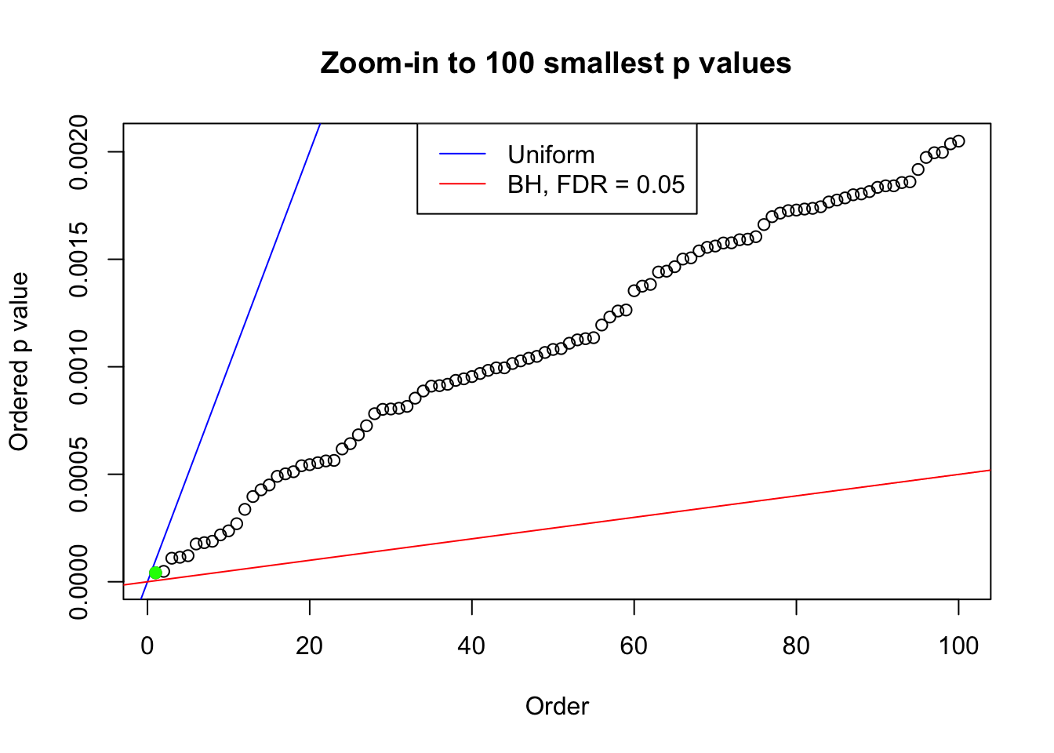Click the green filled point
(x=155, y=573)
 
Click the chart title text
(x=556, y=63)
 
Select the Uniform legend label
(x=551, y=155)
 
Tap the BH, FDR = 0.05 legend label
(x=596, y=184)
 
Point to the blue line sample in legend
(x=463, y=155)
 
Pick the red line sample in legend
(x=463, y=184)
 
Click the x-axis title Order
(x=557, y=706)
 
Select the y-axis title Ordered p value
(x=19, y=362)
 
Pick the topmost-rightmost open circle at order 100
(x=958, y=141)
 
